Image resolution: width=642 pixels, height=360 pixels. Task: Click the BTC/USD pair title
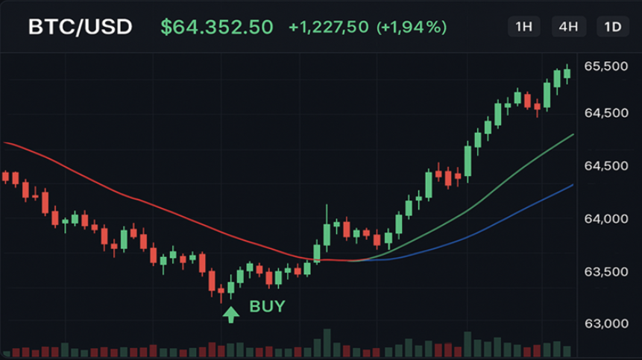click(81, 28)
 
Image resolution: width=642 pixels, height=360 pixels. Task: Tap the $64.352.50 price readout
click(217, 28)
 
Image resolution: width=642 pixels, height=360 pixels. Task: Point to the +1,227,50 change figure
click(329, 28)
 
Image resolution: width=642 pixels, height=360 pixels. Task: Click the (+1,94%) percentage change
click(412, 28)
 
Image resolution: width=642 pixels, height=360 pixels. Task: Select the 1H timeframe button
click(524, 28)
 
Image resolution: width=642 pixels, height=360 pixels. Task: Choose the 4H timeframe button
click(568, 28)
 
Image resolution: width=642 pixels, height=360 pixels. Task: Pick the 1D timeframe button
click(613, 28)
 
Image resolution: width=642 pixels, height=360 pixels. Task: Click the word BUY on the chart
click(267, 306)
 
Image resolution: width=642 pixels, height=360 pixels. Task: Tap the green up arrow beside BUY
click(231, 314)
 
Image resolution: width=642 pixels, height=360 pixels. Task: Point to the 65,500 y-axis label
click(605, 66)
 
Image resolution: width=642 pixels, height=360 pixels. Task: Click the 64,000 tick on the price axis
click(605, 219)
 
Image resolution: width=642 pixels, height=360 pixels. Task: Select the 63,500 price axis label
click(605, 271)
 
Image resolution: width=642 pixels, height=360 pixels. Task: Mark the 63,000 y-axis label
click(605, 323)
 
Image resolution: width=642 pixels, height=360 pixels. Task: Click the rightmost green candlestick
click(567, 72)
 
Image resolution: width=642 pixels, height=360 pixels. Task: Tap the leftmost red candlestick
click(6, 177)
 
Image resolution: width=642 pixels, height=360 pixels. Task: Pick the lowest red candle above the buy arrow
click(221, 292)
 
